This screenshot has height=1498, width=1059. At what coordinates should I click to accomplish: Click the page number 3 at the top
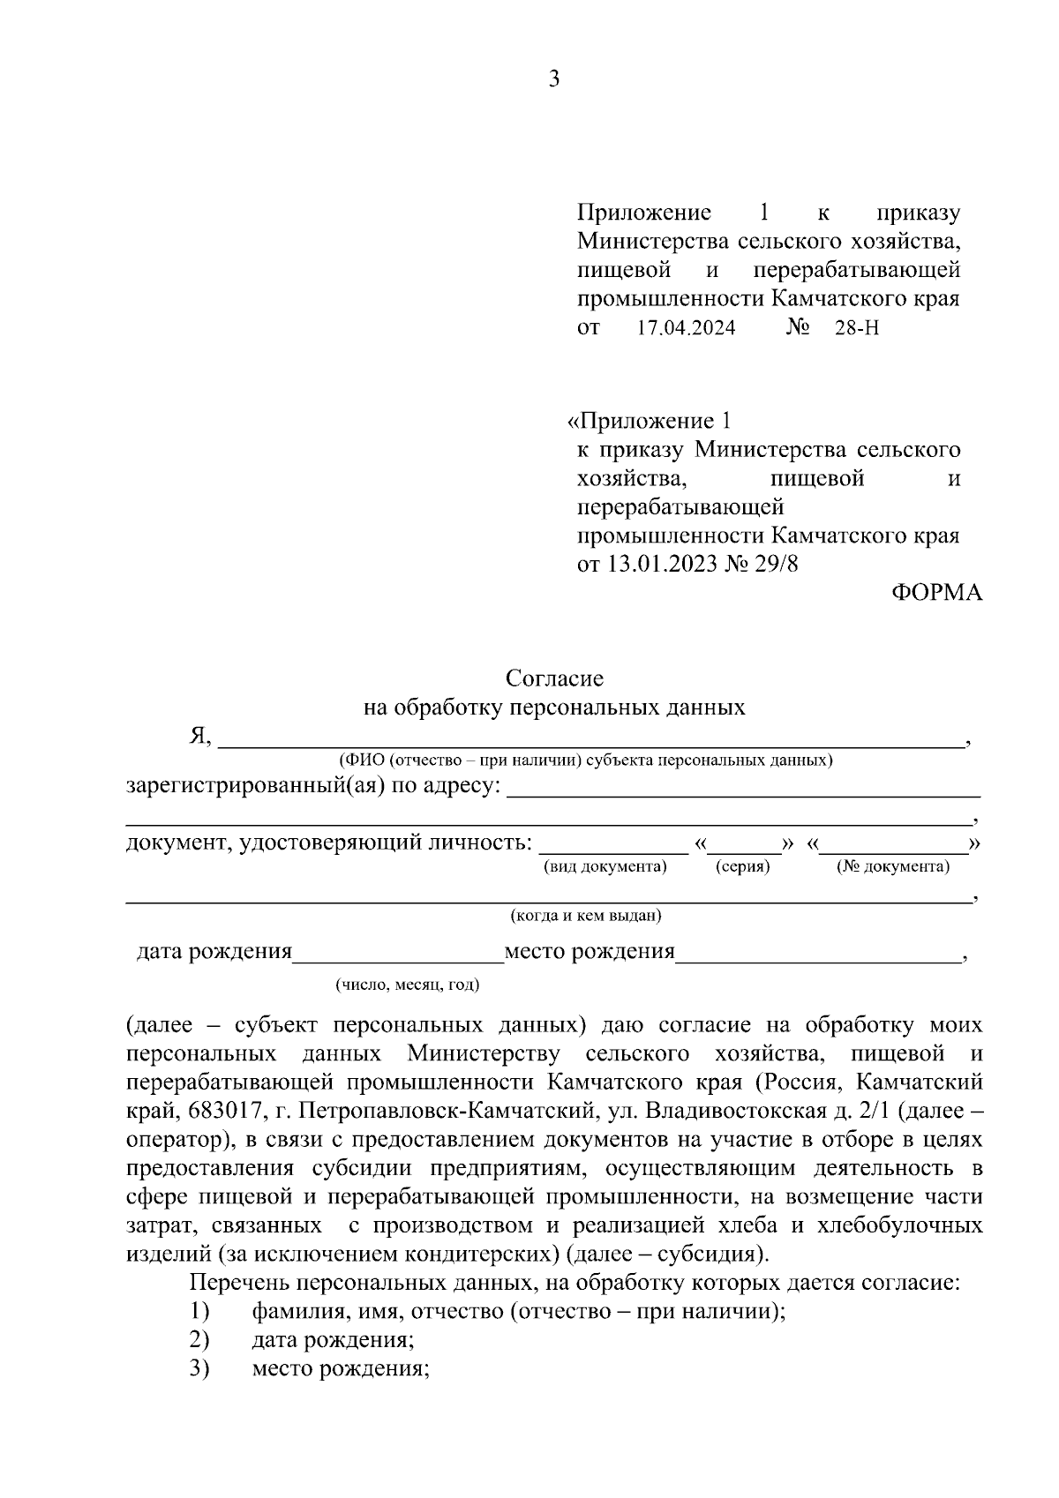point(554,79)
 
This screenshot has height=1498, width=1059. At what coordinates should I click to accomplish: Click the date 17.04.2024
point(686,328)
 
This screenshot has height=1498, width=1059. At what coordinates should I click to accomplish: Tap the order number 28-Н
point(857,328)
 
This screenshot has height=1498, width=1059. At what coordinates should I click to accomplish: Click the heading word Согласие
point(554,678)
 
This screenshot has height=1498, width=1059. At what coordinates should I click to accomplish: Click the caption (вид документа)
point(605,866)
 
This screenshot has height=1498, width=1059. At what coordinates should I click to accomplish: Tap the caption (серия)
point(742,866)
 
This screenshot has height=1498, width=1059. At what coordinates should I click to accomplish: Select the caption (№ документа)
point(893,866)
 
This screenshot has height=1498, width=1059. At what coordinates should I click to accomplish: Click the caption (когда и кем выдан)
point(586,916)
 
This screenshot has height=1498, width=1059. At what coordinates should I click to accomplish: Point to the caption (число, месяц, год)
point(407,985)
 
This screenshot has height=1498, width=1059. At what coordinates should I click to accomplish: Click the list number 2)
point(199,1340)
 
